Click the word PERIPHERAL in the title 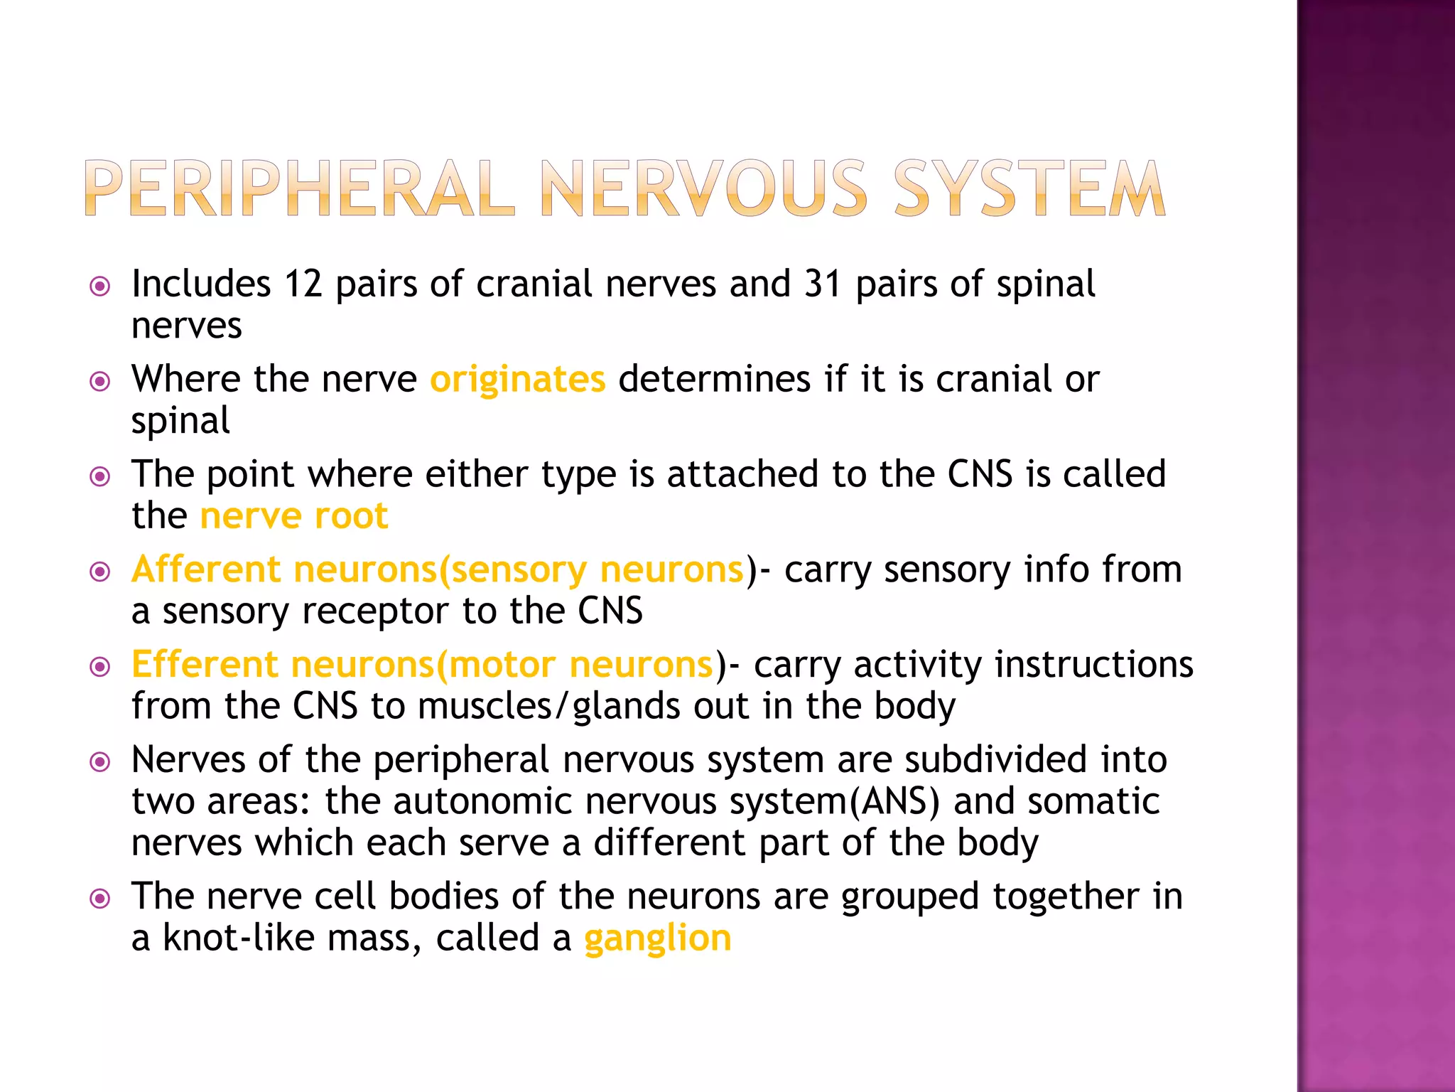tap(298, 188)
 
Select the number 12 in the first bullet tap(303, 284)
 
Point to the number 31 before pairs tap(823, 284)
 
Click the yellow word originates tap(517, 379)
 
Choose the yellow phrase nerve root tap(294, 515)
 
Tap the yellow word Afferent tap(206, 569)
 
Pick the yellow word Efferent tap(205, 665)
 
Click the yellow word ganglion tap(657, 938)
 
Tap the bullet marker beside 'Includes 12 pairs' tap(100, 287)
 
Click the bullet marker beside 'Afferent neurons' tap(100, 572)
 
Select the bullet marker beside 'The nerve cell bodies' tap(100, 899)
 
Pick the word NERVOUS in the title tap(703, 188)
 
